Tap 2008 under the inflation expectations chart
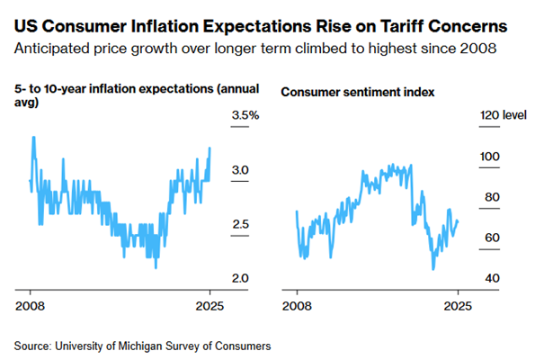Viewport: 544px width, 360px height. (x=31, y=305)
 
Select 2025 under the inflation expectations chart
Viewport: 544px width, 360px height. (x=210, y=305)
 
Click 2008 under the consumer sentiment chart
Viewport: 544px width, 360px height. (x=297, y=305)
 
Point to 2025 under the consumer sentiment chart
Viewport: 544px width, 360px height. (x=458, y=305)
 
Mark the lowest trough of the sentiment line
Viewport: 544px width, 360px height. (x=433, y=269)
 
